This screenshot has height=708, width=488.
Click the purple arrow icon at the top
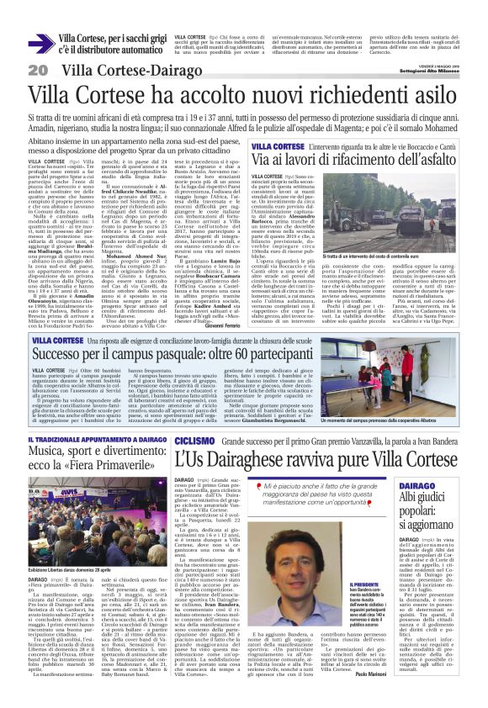point(40,44)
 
